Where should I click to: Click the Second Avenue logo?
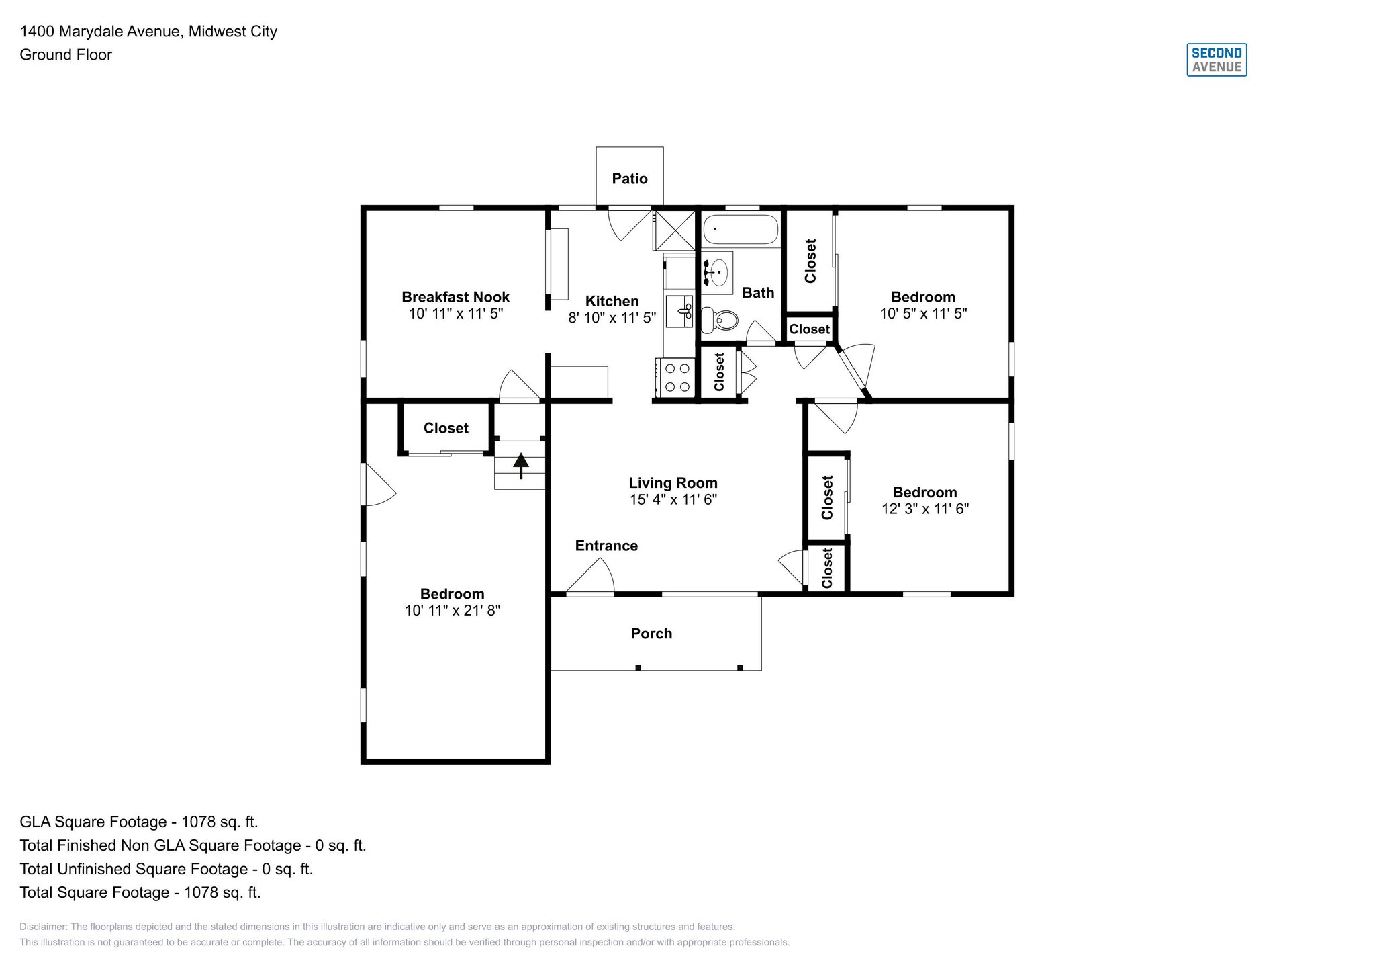(1216, 60)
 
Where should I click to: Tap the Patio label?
(629, 179)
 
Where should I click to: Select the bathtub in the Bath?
(740, 230)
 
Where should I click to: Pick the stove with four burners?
(677, 377)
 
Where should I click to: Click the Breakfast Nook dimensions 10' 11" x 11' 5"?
(455, 314)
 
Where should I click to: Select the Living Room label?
(673, 482)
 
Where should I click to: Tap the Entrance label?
(606, 546)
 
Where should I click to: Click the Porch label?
(651, 634)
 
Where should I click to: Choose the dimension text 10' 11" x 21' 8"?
(452, 611)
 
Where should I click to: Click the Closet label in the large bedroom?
(446, 428)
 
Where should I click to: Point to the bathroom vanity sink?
(717, 273)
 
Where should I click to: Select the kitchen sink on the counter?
(679, 311)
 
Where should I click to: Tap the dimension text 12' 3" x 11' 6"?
(924, 509)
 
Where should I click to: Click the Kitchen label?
(612, 301)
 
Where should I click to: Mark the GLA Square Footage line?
(139, 822)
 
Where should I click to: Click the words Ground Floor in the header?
(66, 55)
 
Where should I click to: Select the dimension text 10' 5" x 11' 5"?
(922, 314)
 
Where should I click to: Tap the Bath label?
(758, 293)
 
